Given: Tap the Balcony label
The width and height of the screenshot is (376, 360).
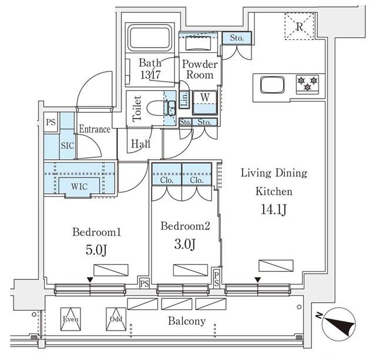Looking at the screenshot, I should click(x=186, y=321).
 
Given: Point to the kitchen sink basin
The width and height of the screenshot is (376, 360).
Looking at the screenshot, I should click(x=271, y=86).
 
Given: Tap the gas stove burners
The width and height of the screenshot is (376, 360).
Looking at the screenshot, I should click(x=307, y=83).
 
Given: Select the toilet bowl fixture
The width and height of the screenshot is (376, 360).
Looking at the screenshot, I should click(x=159, y=108).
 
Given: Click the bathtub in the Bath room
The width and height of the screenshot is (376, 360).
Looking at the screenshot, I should click(x=149, y=39).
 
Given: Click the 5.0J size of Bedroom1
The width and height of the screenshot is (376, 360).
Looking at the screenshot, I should click(x=96, y=250).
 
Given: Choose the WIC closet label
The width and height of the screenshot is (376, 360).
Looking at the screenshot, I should click(x=80, y=186).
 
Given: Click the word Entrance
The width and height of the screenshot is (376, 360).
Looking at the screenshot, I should click(x=95, y=129).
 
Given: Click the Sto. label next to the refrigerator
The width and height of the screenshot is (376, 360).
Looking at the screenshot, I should click(x=237, y=38).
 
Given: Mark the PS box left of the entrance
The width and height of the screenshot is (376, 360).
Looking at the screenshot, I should click(x=51, y=123).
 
